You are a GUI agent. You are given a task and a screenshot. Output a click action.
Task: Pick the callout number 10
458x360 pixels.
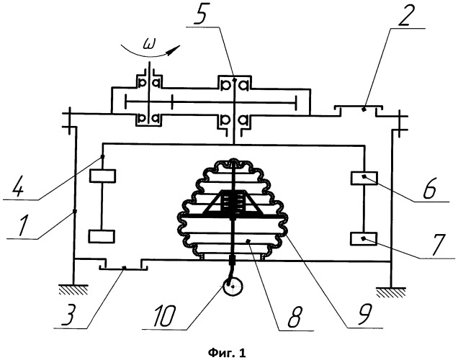[x=163, y=316]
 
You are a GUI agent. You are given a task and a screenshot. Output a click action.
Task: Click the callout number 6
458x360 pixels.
[x=429, y=188]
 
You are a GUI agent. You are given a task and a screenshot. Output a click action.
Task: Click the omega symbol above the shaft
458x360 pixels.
[x=150, y=45]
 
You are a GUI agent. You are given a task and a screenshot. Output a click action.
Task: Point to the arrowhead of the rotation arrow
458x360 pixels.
[x=173, y=50]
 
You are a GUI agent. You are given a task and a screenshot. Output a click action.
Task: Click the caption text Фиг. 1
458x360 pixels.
[x=227, y=354]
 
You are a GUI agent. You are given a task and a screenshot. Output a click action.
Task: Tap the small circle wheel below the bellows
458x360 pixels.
[x=233, y=287]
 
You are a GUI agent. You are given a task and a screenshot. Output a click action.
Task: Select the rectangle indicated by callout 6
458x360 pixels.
[x=364, y=178]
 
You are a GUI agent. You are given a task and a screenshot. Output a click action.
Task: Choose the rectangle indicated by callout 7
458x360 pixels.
[x=364, y=238]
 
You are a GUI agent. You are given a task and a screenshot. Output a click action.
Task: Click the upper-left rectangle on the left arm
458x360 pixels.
[x=102, y=176]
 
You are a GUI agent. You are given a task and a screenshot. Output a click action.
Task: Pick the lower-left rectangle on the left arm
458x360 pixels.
[x=102, y=236]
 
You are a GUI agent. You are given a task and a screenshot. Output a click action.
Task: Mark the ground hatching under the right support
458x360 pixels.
[x=391, y=292]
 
